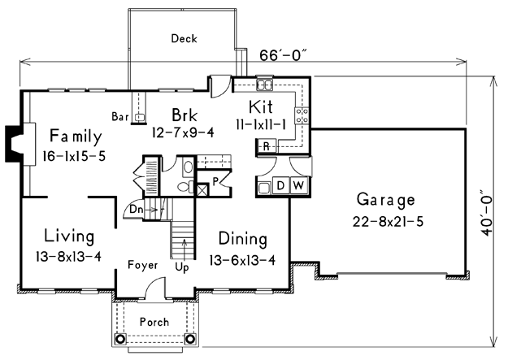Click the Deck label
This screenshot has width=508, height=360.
(x=184, y=38)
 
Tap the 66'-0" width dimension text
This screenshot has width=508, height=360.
(x=283, y=56)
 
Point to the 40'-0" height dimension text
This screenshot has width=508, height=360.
(x=487, y=213)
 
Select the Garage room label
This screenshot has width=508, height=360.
(x=386, y=200)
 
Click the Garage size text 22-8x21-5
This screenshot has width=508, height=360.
(x=388, y=222)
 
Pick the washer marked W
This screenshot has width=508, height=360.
(x=299, y=185)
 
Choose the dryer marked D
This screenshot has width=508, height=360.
(x=281, y=185)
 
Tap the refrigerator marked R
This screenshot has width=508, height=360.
(x=266, y=146)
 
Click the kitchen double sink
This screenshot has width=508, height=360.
(x=265, y=85)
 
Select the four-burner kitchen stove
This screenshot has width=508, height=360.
(x=302, y=115)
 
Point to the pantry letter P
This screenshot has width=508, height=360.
(x=215, y=182)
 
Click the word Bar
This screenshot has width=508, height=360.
(x=120, y=116)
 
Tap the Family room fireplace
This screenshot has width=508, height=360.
(x=15, y=144)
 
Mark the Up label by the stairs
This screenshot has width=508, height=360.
(x=182, y=267)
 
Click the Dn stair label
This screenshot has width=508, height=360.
(x=136, y=210)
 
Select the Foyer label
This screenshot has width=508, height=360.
(x=142, y=265)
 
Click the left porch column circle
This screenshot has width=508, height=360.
(x=119, y=339)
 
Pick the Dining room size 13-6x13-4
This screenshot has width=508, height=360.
(x=242, y=260)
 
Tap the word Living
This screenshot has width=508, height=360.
(x=69, y=236)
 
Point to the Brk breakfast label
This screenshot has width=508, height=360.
(x=185, y=115)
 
